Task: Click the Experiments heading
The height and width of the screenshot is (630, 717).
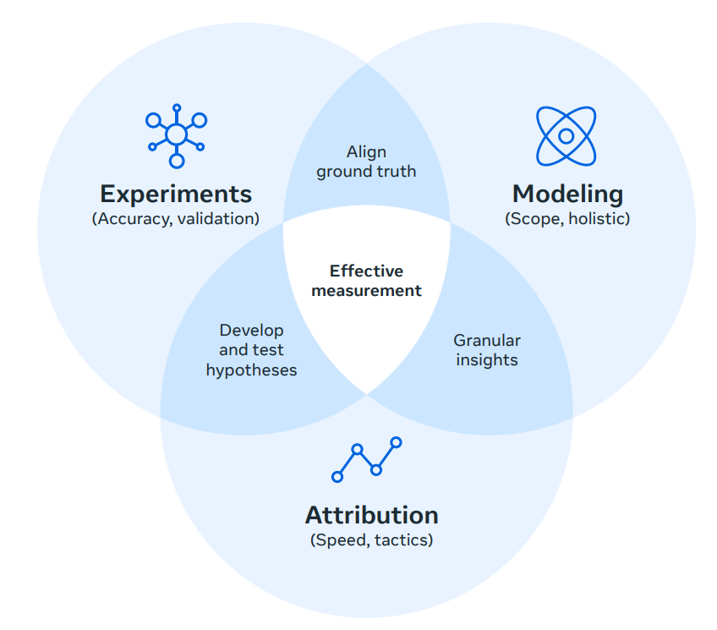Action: (176, 194)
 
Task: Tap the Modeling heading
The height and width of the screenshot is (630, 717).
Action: (567, 194)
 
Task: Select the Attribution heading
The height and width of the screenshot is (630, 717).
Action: (371, 515)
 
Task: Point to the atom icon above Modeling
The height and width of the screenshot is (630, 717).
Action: (566, 135)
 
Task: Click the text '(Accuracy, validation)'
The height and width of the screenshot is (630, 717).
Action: (176, 218)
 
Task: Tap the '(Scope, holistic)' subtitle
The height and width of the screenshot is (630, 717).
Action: (567, 218)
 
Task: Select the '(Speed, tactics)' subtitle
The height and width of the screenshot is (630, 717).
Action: (371, 540)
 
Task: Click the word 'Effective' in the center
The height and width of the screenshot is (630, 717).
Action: (366, 271)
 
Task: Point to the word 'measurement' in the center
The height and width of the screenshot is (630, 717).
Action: (366, 291)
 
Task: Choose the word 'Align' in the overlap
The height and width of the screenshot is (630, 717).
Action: (366, 152)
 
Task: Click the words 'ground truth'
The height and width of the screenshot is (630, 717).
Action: (366, 172)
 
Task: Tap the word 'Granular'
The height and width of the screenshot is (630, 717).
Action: (487, 341)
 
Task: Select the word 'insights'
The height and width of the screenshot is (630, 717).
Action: (487, 360)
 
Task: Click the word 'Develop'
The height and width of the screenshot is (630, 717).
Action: (251, 331)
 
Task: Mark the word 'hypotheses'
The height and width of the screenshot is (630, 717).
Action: (251, 370)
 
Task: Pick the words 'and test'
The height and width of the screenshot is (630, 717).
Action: (251, 350)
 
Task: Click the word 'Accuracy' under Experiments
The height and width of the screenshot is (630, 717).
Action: (129, 218)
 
